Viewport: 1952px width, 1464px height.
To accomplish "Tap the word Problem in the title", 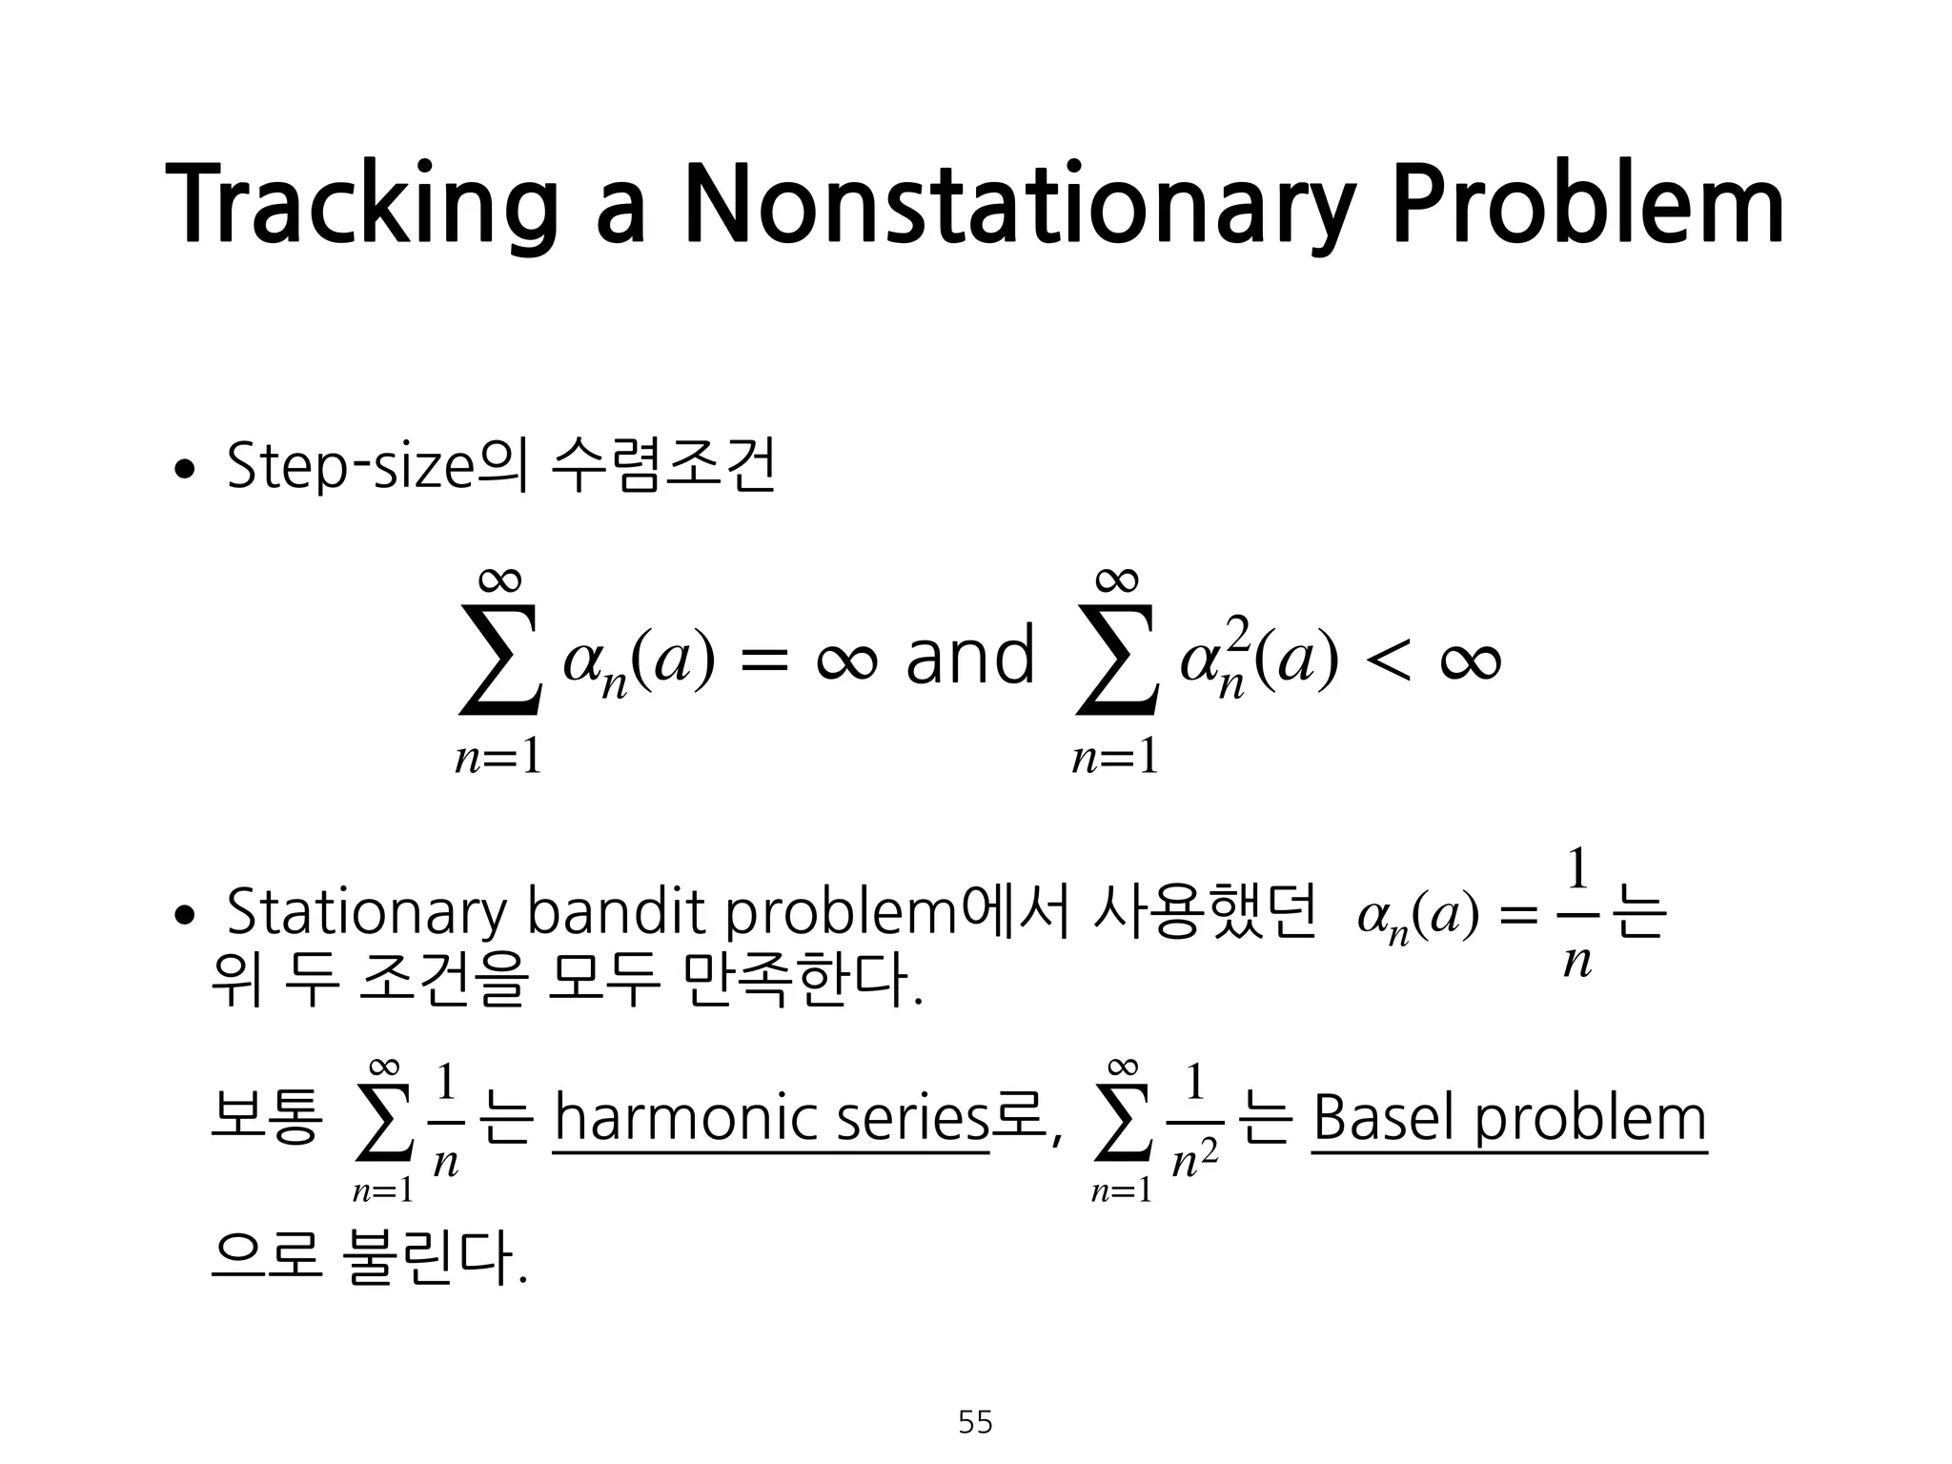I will coord(1588,205).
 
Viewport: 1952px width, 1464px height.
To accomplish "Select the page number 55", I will coord(975,1422).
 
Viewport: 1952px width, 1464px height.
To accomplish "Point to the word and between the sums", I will coord(969,657).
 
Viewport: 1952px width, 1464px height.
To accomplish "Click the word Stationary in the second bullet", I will coord(367,912).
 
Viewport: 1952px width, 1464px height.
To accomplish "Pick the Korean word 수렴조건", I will coord(664,467).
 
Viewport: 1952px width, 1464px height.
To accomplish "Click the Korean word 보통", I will coord(266,1118).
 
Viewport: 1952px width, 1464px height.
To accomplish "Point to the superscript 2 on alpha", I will coord(1236,631).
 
